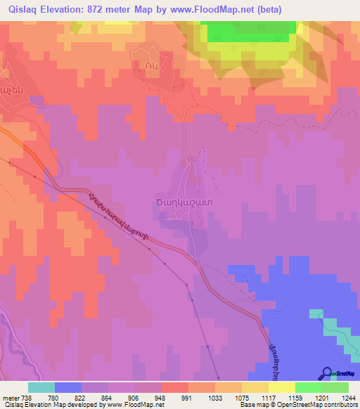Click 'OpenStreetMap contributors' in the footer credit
click(316, 405)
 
